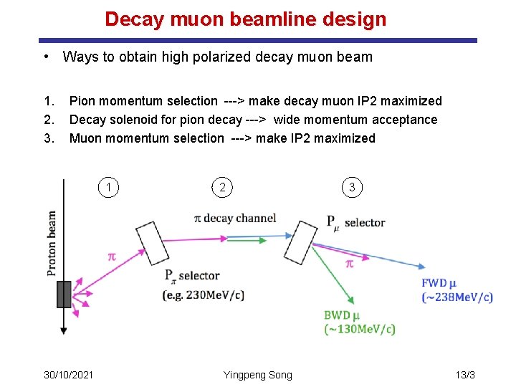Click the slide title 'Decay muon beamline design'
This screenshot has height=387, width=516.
(x=245, y=19)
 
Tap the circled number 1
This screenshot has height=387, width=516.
(x=108, y=188)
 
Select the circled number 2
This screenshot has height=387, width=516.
(x=223, y=188)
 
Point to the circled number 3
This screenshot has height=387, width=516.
(x=352, y=188)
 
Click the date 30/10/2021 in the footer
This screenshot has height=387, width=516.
(x=69, y=375)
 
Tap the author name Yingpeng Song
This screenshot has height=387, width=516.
(x=257, y=375)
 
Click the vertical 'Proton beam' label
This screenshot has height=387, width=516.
(x=52, y=242)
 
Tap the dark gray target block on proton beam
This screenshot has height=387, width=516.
(x=64, y=294)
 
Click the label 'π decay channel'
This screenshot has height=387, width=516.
(x=235, y=218)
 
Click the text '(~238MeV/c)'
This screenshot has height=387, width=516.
(x=457, y=297)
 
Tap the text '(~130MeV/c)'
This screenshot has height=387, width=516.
(x=360, y=330)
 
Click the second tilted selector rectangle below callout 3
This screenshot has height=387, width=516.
(x=305, y=243)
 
